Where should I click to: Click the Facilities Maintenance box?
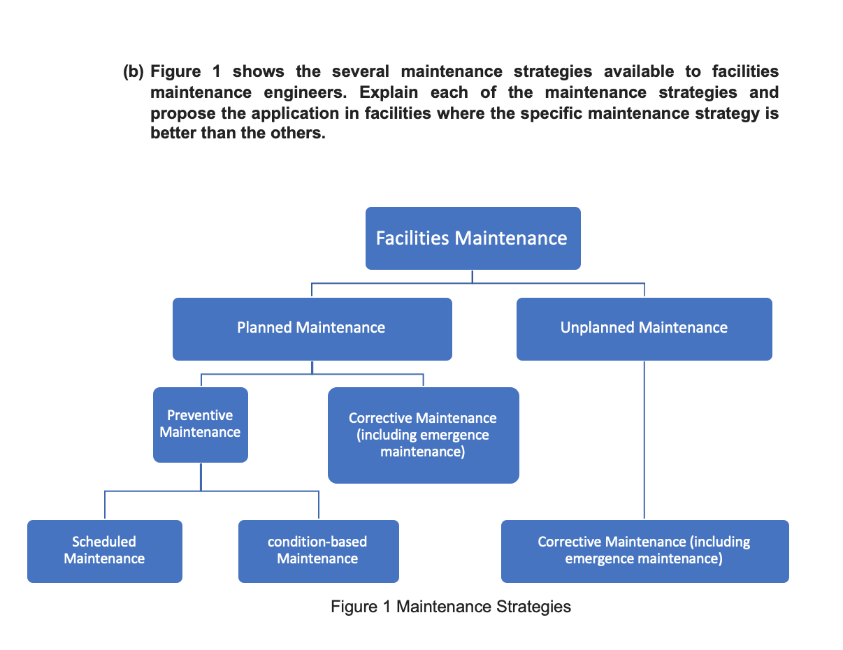tap(473, 238)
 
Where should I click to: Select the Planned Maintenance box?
tap(312, 328)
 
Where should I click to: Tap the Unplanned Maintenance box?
tap(644, 328)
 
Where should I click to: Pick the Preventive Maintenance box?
tap(200, 424)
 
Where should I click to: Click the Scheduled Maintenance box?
tap(104, 551)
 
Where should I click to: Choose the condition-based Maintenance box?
tap(318, 551)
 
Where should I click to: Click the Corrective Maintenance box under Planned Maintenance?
tap(423, 435)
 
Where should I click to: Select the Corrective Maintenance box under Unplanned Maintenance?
tap(644, 551)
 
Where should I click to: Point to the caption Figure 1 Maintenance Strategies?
tap(451, 607)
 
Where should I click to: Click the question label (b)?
tap(134, 72)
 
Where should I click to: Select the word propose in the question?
tap(179, 113)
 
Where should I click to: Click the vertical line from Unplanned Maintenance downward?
tap(644, 440)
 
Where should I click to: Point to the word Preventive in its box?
tap(200, 416)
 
